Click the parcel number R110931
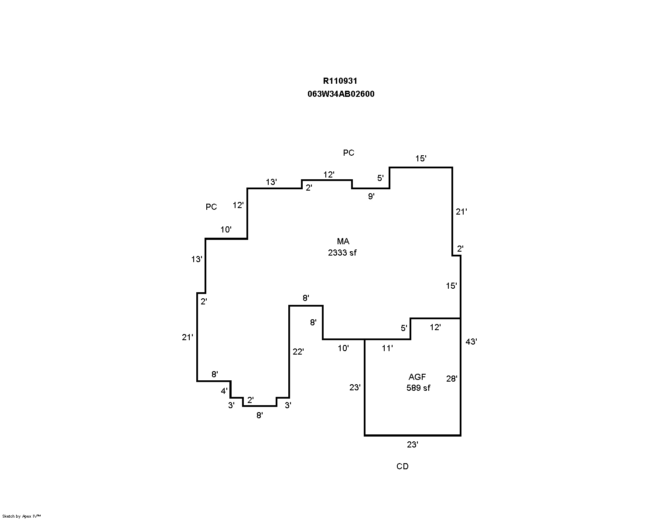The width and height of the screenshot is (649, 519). [340, 81]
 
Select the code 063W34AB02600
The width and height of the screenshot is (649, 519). [341, 94]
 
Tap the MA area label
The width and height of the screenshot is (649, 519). [343, 242]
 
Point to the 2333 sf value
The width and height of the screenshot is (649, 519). [342, 253]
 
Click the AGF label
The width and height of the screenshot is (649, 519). [417, 377]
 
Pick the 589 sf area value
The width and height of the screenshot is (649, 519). [418, 388]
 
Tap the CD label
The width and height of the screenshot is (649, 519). [403, 466]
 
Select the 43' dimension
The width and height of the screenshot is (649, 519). [471, 341]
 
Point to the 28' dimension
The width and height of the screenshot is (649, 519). [451, 379]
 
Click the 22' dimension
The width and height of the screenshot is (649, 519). [298, 352]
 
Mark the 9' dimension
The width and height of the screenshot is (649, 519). [371, 196]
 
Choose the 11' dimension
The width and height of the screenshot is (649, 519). [387, 348]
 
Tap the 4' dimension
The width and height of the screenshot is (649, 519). [224, 391]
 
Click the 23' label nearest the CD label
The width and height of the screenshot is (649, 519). [413, 444]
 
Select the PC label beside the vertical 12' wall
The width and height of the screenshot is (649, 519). [212, 207]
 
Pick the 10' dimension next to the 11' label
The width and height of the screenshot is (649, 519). [343, 348]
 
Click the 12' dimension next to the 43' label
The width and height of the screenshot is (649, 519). [435, 327]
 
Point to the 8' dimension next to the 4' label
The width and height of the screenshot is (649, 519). [215, 374]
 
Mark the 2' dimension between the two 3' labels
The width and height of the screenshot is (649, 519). [250, 400]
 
